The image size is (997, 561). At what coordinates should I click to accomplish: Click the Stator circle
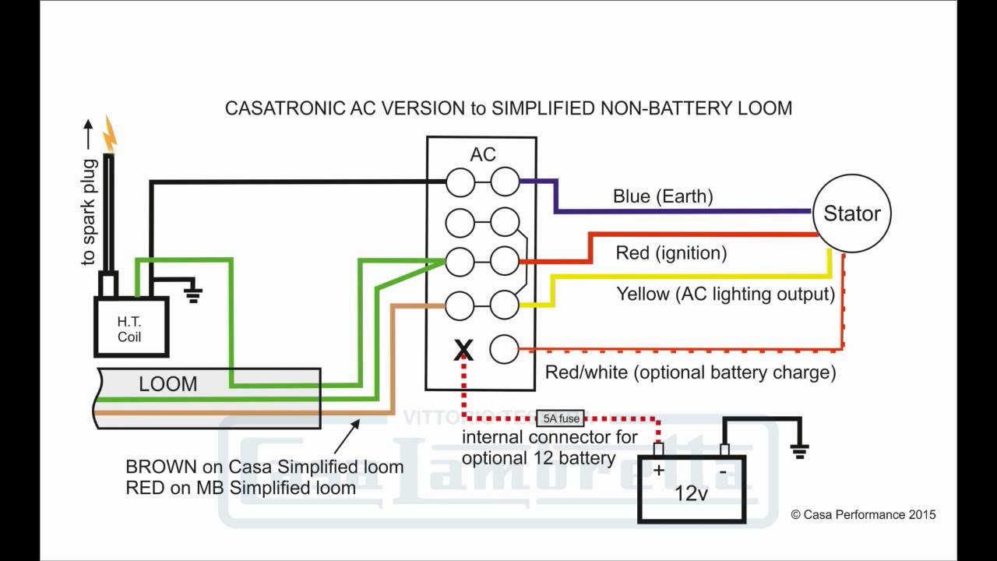pyautogui.click(x=852, y=213)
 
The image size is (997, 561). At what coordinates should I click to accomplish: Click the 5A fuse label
pyautogui.click(x=558, y=418)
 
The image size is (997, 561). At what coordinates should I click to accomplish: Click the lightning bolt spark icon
pyautogui.click(x=110, y=134)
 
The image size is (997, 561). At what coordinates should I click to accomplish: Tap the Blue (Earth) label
pyautogui.click(x=663, y=196)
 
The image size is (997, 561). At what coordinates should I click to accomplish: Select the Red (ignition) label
pyautogui.click(x=671, y=253)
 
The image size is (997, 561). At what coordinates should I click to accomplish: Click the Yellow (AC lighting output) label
pyautogui.click(x=725, y=295)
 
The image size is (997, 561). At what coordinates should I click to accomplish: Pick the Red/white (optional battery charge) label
pyautogui.click(x=690, y=372)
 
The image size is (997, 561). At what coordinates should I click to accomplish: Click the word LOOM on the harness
pyautogui.click(x=167, y=384)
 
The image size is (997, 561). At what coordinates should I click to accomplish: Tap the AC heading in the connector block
pyautogui.click(x=483, y=154)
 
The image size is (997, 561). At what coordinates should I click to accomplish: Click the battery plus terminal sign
pyautogui.click(x=657, y=469)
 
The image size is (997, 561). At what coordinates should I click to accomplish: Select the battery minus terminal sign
pyautogui.click(x=723, y=471)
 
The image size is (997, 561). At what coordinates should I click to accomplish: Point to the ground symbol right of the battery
pyautogui.click(x=799, y=449)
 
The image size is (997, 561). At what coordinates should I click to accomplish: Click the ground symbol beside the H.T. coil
pyautogui.click(x=192, y=293)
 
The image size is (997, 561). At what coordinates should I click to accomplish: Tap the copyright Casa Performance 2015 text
pyautogui.click(x=863, y=514)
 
